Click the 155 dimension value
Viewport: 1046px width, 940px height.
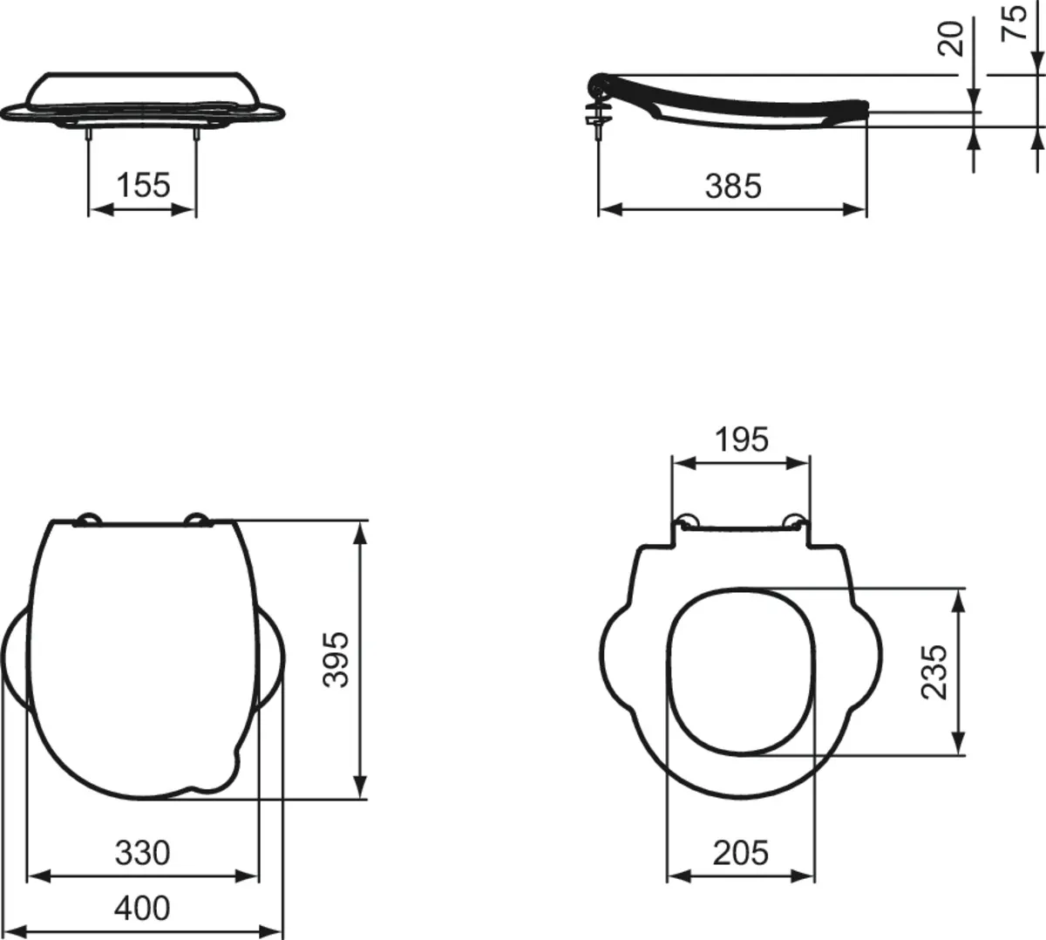[143, 185]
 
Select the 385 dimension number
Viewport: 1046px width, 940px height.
[732, 185]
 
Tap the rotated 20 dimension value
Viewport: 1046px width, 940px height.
[954, 39]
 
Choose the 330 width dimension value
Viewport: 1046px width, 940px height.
[142, 852]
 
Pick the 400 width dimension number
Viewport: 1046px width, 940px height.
[142, 908]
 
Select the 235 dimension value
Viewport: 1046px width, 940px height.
[934, 671]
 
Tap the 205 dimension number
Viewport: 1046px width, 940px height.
[741, 852]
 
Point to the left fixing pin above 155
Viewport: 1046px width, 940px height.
[89, 133]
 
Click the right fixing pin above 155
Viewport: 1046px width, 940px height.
[195, 133]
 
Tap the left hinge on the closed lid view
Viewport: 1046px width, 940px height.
[88, 521]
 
